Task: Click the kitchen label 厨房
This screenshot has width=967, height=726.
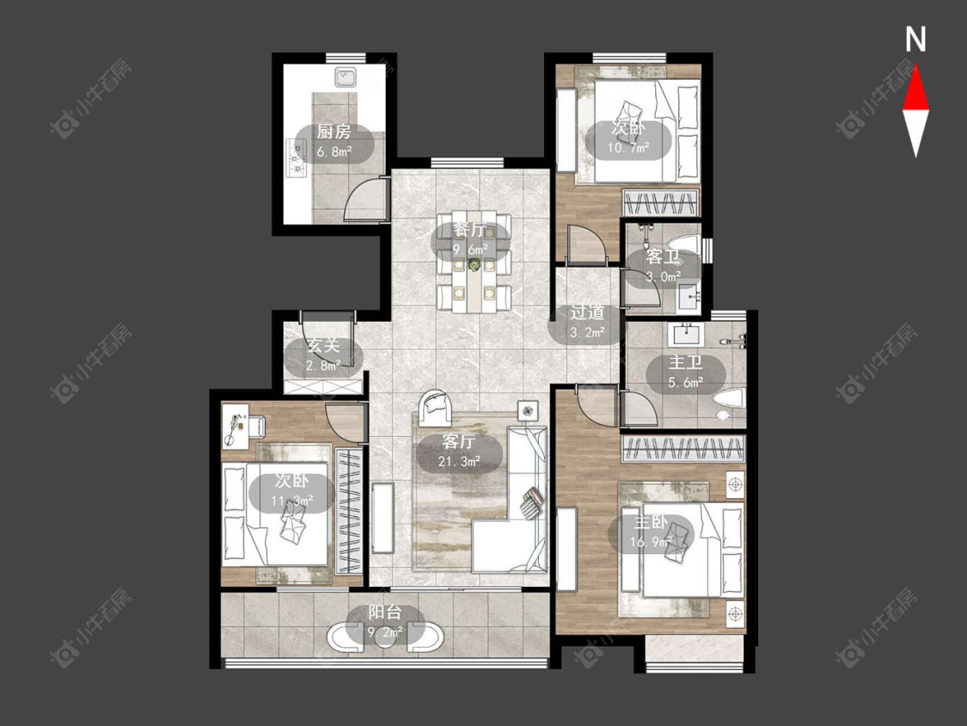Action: click(x=334, y=132)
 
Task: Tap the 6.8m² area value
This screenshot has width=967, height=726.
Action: click(x=334, y=151)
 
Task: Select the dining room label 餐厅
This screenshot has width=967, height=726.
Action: click(x=470, y=231)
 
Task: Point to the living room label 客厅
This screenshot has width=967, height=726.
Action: click(x=459, y=442)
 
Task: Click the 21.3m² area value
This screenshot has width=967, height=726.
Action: click(x=459, y=461)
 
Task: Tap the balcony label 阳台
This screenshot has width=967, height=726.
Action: click(x=385, y=612)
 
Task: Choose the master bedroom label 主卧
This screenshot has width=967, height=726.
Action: click(x=651, y=523)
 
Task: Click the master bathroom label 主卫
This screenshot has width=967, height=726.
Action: click(x=686, y=363)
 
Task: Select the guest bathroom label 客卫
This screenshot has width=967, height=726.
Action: click(x=663, y=257)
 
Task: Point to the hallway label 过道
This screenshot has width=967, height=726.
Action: click(x=586, y=313)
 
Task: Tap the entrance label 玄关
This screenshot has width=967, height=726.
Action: click(x=324, y=346)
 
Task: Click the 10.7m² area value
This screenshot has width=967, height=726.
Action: click(x=628, y=148)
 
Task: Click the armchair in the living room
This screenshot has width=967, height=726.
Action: click(x=437, y=408)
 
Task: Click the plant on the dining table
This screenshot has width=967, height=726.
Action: click(x=474, y=264)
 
